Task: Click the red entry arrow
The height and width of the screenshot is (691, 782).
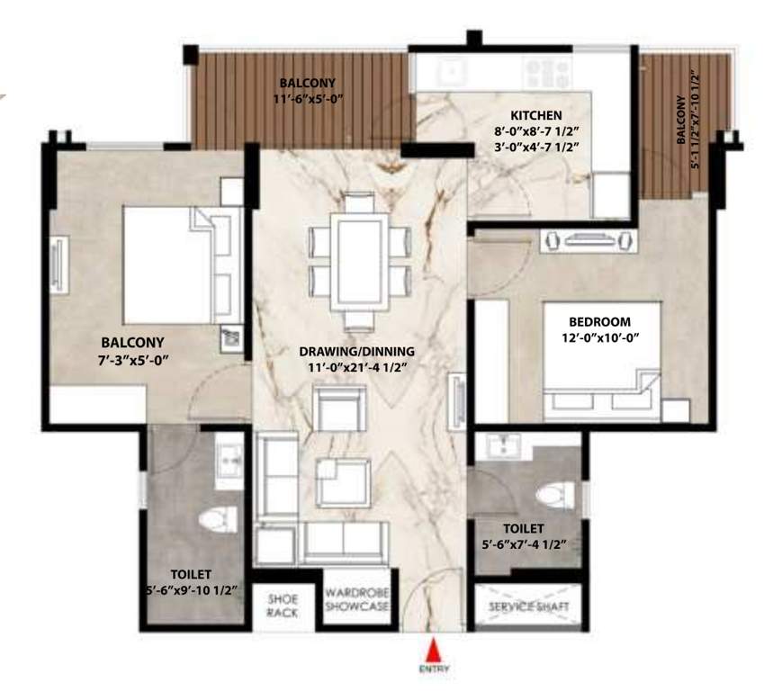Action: tap(434, 651)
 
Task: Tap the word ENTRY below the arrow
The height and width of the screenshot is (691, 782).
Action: tap(434, 669)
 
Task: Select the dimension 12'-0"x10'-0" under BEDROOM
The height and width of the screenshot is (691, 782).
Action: tap(599, 338)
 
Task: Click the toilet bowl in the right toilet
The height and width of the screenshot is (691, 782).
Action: tap(555, 496)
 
